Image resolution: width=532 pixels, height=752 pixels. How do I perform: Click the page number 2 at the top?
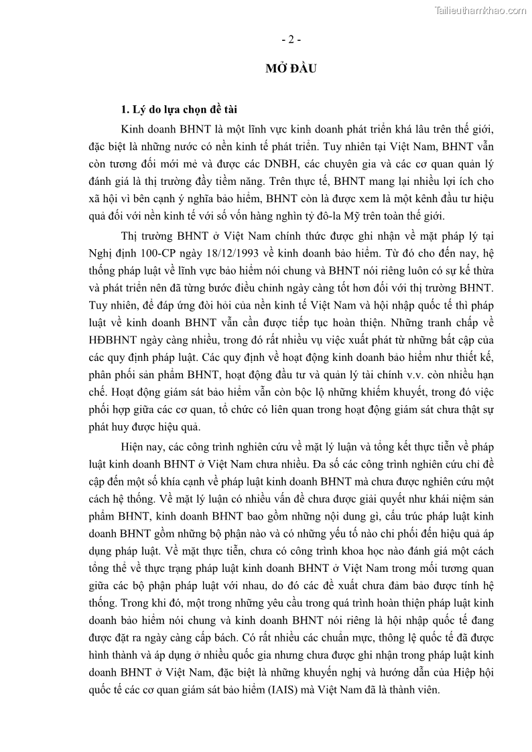(291, 40)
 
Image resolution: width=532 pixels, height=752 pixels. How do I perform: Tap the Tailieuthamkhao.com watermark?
(480, 10)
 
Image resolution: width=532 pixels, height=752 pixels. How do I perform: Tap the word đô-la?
(358, 214)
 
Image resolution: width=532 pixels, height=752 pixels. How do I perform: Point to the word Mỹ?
(385, 214)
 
